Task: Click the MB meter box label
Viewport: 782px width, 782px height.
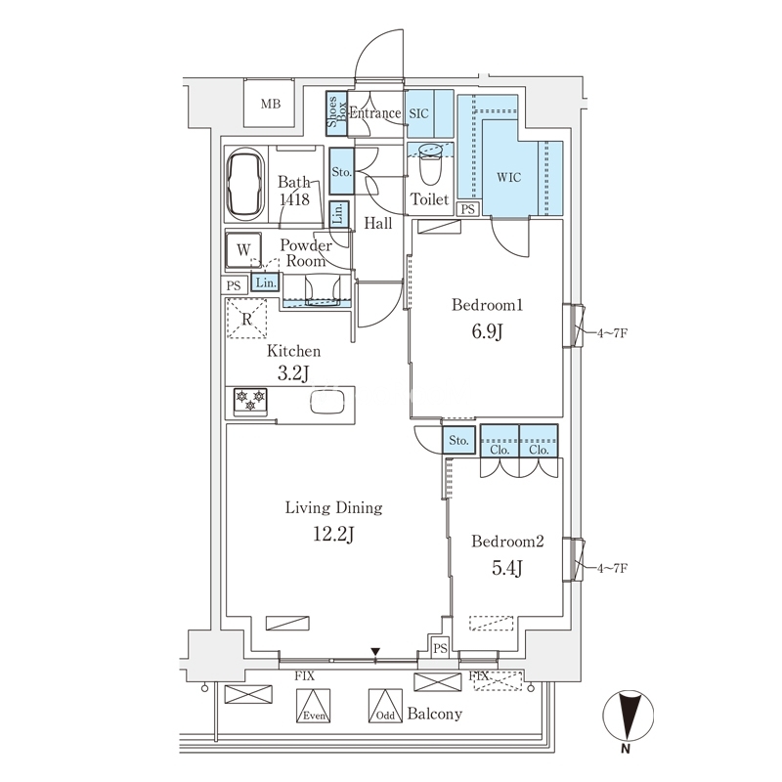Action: point(271,105)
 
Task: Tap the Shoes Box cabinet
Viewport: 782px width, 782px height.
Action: point(336,113)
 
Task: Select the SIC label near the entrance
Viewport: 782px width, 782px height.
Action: point(419,113)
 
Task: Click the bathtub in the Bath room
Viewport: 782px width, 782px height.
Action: point(245,184)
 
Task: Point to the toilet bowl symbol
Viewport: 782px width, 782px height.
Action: point(431,163)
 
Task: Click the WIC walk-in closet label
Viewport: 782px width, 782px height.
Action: point(508,177)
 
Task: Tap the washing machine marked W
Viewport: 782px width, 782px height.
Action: point(243,249)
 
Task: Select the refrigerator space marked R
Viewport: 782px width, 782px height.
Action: point(247,319)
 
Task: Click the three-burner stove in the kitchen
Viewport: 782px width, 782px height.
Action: point(250,402)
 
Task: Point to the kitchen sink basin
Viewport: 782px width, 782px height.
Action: point(327,402)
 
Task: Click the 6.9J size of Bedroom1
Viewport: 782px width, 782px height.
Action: point(487,331)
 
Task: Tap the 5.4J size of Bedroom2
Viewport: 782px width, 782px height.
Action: point(507,568)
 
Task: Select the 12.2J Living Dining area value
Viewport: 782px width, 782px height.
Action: point(333,534)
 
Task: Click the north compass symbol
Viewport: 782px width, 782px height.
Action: point(628,716)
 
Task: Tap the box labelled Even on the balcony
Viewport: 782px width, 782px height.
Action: point(313,706)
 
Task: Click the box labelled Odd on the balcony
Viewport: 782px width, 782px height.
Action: point(385,706)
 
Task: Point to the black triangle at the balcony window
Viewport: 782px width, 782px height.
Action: point(375,652)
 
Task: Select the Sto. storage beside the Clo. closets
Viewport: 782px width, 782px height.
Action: point(458,440)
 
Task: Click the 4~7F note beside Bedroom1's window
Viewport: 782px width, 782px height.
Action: point(612,332)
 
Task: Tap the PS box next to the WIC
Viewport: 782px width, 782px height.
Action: point(468,209)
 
